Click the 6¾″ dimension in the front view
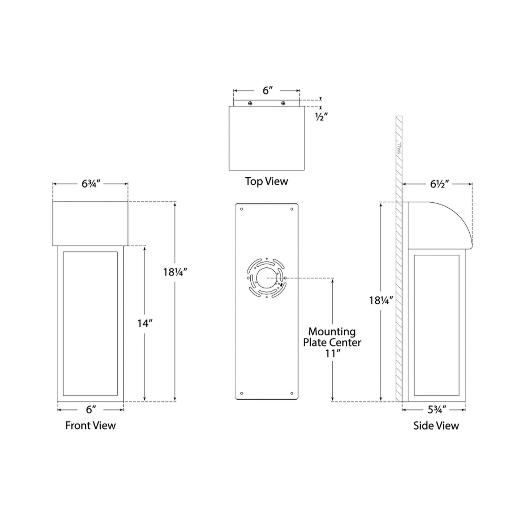[90, 184]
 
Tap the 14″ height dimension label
[145, 323]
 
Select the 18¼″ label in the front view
[175, 272]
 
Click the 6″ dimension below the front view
[90, 410]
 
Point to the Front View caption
[90, 425]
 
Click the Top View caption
[266, 181]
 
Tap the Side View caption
[436, 425]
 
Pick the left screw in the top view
[250, 104]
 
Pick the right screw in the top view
[283, 104]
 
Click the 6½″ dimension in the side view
[440, 184]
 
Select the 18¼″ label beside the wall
[381, 300]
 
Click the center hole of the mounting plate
[266, 278]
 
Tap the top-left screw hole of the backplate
[242, 209]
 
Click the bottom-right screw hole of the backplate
[291, 393]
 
